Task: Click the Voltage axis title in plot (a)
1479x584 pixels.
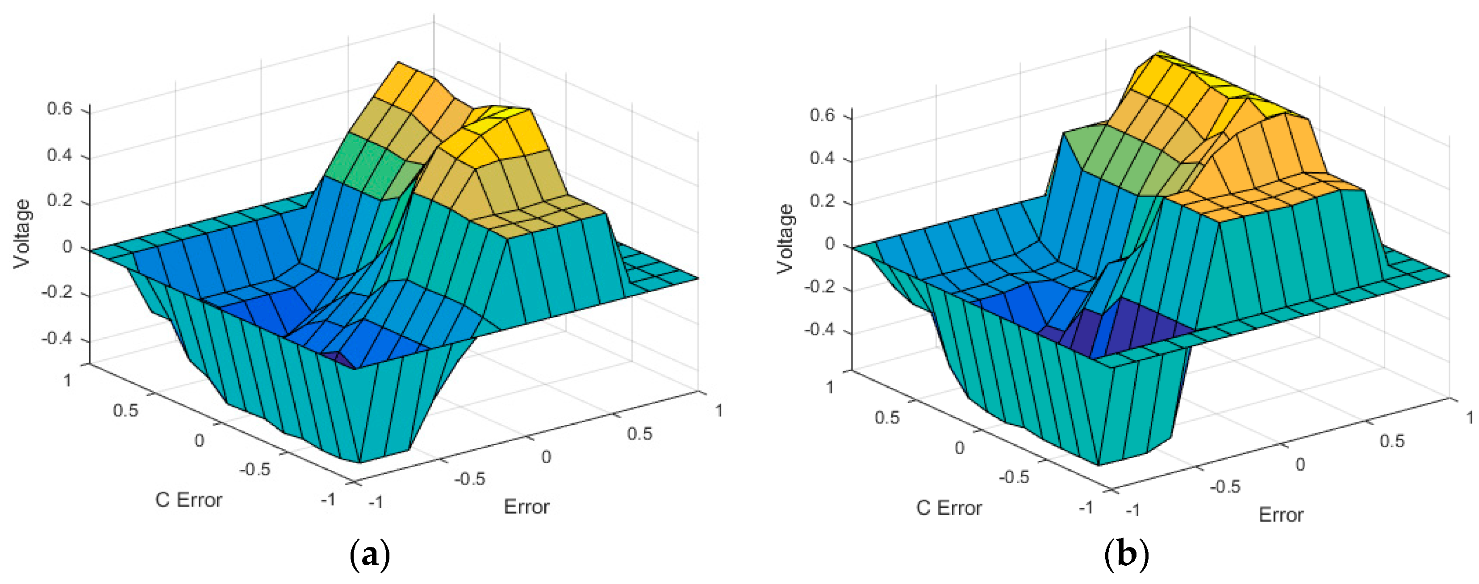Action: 23,234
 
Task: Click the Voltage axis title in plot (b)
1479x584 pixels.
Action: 785,239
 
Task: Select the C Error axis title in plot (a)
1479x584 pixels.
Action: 188,500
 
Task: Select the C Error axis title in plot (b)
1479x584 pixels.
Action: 949,508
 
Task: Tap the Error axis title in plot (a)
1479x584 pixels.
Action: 526,506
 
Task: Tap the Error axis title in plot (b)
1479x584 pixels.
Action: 1281,514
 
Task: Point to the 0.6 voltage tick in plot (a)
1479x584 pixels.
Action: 60,109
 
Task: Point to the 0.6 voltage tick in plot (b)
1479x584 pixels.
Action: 822,115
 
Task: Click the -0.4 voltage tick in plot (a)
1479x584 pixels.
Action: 57,339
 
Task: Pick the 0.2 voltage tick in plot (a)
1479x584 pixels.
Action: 60,201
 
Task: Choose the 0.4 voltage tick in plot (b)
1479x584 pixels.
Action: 822,158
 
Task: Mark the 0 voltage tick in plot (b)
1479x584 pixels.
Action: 830,244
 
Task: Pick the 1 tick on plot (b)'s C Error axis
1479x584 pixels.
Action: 830,387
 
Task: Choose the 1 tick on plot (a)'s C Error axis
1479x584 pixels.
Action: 68,381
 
